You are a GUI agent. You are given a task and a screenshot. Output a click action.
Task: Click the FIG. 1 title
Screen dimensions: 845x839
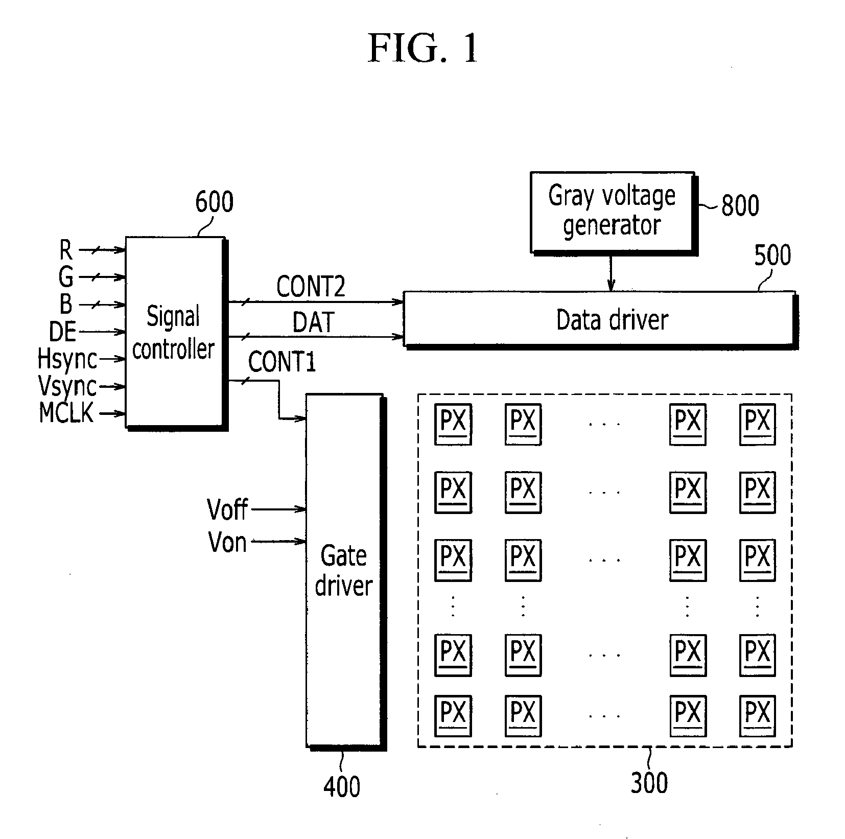tap(422, 49)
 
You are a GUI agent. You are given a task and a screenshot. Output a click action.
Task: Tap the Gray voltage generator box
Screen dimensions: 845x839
tap(613, 213)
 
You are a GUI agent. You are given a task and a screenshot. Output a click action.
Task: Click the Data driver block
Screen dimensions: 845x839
tap(600, 320)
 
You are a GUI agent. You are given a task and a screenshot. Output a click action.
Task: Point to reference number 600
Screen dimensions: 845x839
tap(214, 202)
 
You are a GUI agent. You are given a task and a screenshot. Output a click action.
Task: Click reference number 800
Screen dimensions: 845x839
tap(740, 205)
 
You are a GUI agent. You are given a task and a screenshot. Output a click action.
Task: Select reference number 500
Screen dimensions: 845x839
tap(772, 255)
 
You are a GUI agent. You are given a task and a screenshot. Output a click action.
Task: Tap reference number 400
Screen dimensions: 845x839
tap(342, 786)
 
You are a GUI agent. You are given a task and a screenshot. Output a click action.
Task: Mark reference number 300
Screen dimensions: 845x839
tap(649, 783)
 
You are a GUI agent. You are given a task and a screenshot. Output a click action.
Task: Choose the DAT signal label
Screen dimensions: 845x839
tap(313, 322)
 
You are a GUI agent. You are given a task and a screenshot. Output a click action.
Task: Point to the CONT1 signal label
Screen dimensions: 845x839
tap(282, 362)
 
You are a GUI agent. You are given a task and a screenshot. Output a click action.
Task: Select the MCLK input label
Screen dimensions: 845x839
tap(67, 413)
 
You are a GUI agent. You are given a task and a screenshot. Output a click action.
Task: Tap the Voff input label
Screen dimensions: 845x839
tap(227, 509)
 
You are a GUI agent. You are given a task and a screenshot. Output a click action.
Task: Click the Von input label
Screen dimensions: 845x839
tap(227, 542)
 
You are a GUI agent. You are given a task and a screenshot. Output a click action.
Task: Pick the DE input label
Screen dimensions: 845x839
tap(62, 332)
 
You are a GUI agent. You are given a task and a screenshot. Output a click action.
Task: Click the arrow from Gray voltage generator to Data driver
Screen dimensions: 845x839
tap(611, 272)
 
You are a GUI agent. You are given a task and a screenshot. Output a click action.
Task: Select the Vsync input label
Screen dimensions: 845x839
tap(67, 386)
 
